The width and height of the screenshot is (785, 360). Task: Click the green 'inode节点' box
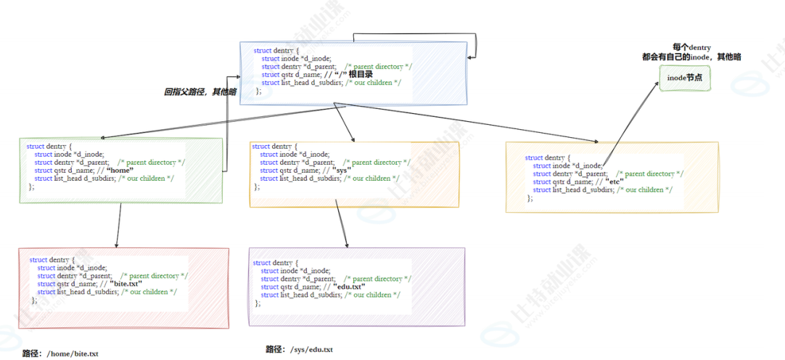click(684, 78)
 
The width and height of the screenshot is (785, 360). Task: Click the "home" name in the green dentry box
click(120, 170)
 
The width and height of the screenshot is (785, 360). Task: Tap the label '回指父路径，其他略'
click(200, 92)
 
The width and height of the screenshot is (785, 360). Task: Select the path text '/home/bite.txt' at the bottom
click(72, 353)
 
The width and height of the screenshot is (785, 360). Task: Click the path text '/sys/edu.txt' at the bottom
click(311, 349)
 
